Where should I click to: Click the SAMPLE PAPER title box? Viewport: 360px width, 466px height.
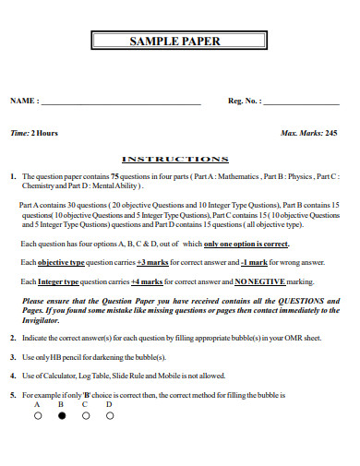(x=181, y=42)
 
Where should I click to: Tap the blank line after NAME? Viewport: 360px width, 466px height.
(x=120, y=102)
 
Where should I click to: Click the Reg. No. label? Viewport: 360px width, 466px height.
(x=245, y=101)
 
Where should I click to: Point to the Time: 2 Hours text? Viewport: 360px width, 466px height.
(x=34, y=133)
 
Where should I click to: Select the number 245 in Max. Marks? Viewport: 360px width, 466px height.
(x=330, y=133)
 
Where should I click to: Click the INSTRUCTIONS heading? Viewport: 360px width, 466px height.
(x=175, y=159)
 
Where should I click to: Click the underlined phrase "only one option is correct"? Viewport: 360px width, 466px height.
(x=246, y=245)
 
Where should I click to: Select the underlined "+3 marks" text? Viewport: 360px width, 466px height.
(x=153, y=263)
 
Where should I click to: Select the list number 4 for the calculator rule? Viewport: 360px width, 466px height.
(x=13, y=376)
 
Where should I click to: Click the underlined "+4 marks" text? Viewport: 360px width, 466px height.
(x=147, y=281)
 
